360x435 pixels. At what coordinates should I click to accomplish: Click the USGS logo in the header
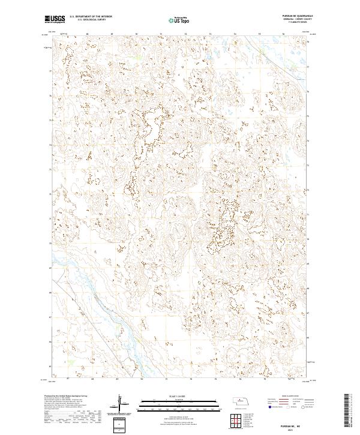55,19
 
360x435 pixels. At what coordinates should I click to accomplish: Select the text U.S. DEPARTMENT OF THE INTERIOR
90,17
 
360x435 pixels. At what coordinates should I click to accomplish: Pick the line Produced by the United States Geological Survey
66,397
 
